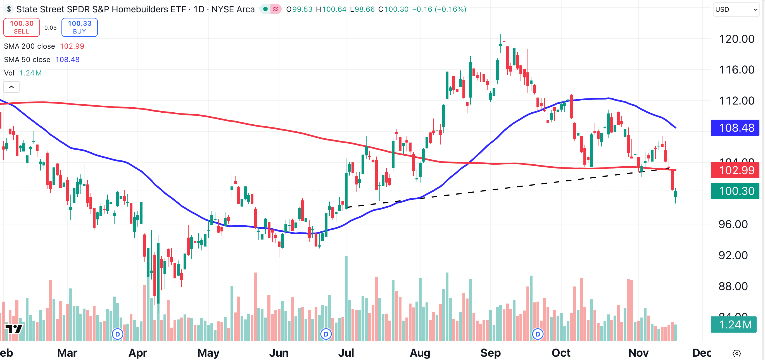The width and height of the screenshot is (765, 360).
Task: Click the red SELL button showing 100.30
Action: (22, 27)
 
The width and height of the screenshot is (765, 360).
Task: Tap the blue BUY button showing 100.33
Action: (79, 27)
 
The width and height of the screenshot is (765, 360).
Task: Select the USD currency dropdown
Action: (736, 10)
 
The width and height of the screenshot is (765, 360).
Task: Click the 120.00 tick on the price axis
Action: (736, 39)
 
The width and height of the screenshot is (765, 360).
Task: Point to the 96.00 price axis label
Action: (733, 224)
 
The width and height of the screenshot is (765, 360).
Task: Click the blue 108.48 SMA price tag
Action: (735, 128)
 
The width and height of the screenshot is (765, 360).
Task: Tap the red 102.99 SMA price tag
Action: (735, 170)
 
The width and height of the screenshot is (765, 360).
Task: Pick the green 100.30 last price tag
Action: (735, 191)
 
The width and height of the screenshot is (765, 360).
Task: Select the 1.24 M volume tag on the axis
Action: (734, 325)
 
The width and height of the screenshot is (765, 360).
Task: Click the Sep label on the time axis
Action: (490, 353)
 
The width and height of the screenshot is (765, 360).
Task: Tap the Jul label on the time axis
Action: (346, 353)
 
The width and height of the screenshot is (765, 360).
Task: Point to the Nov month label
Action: (638, 353)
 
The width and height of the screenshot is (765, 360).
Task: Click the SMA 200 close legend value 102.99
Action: (72, 46)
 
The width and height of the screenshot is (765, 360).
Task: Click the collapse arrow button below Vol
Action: (11, 87)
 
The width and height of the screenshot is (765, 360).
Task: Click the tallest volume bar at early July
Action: (346, 297)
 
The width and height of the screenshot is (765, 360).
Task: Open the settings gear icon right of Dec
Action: (737, 354)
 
